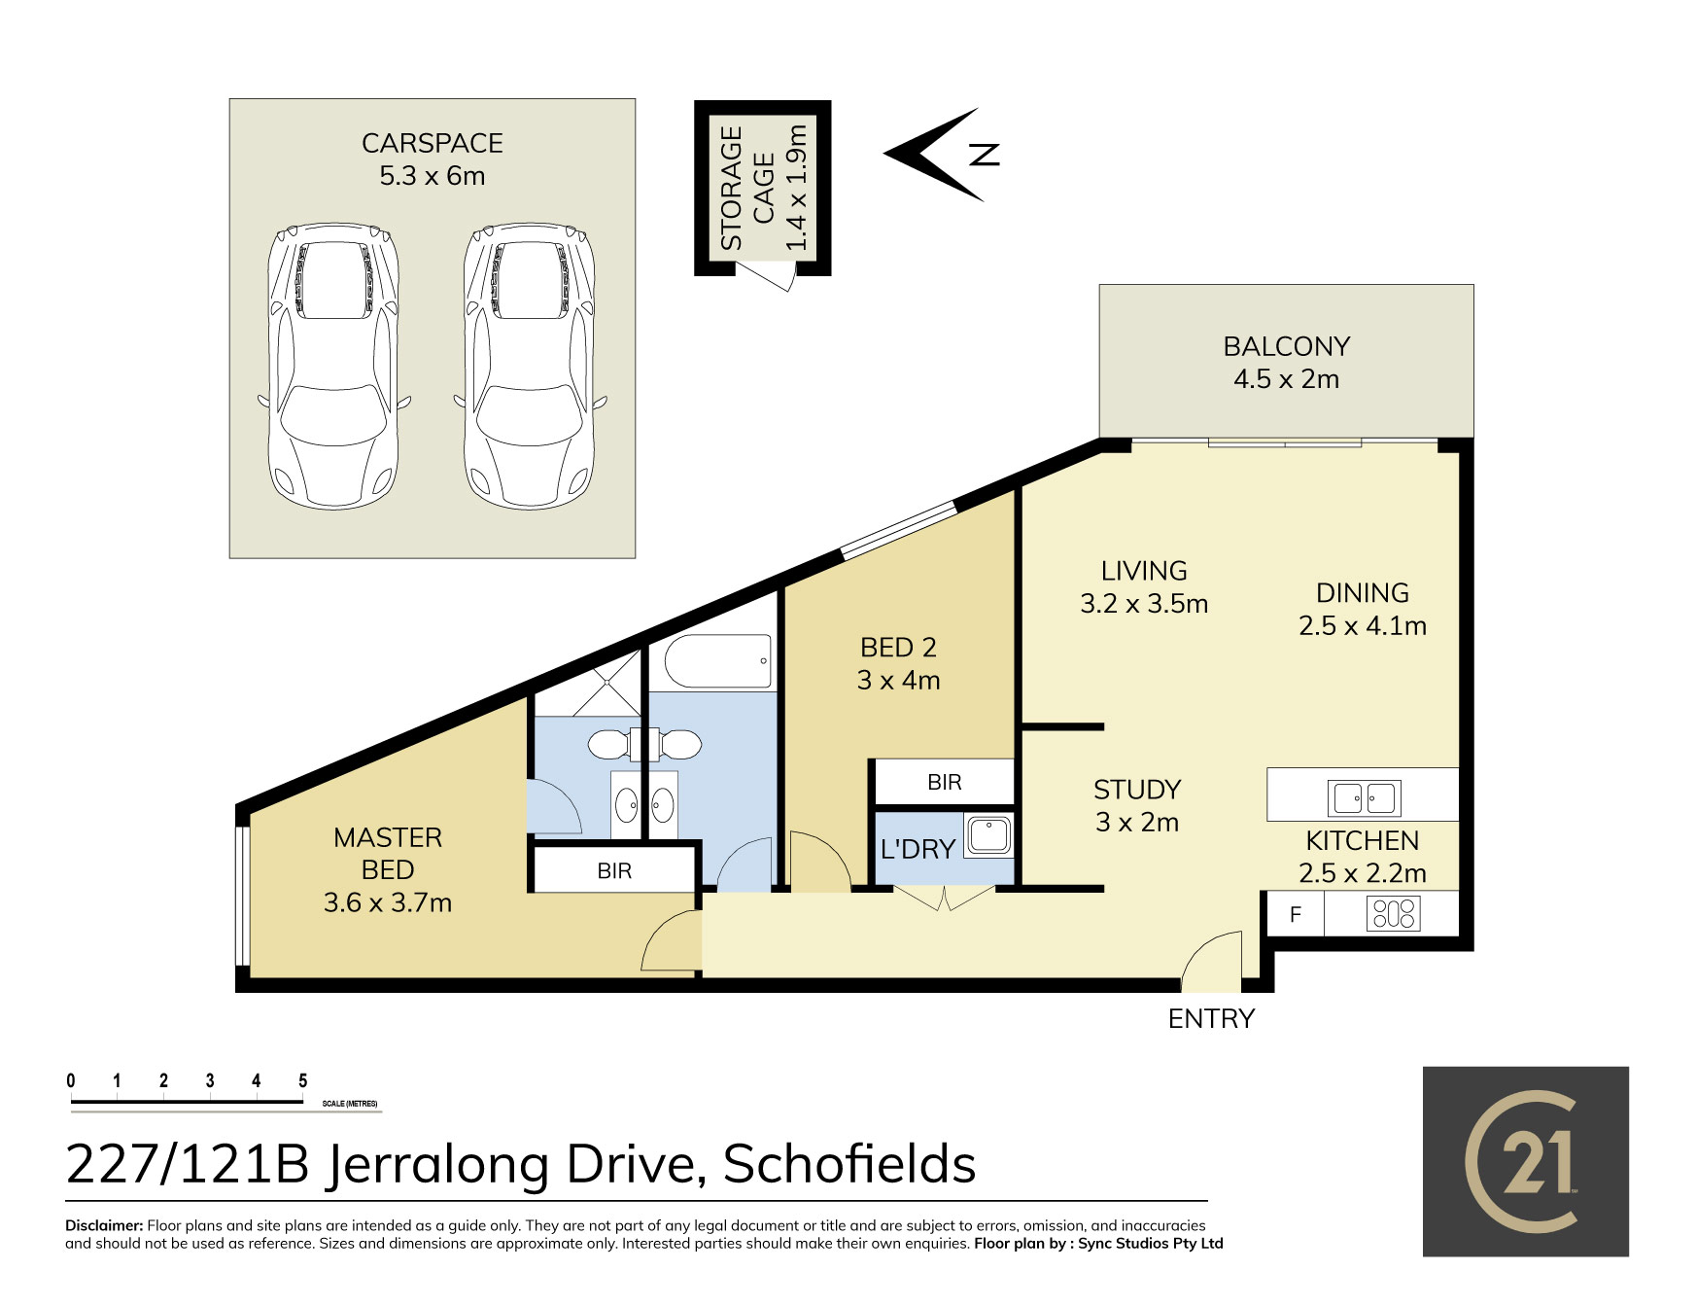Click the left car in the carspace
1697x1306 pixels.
pyautogui.click(x=332, y=367)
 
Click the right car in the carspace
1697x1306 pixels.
pyautogui.click(x=529, y=367)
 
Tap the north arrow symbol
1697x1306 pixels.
pyautogui.click(x=942, y=155)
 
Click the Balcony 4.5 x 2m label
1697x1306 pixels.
pyautogui.click(x=1286, y=363)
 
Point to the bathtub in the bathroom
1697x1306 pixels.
pyautogui.click(x=718, y=661)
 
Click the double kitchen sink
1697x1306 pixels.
pyautogui.click(x=1364, y=798)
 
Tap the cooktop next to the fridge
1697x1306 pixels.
pyautogui.click(x=1393, y=914)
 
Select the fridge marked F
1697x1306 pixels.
pyautogui.click(x=1295, y=914)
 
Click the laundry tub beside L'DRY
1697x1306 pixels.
pyautogui.click(x=988, y=835)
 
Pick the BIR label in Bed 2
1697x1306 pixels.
pyautogui.click(x=944, y=782)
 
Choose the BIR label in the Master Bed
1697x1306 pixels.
pyautogui.click(x=614, y=871)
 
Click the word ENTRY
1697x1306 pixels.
pyautogui.click(x=1211, y=1018)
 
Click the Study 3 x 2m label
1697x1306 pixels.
pyautogui.click(x=1137, y=806)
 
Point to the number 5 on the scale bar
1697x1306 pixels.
pyautogui.click(x=303, y=1080)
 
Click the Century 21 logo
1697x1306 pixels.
pyautogui.click(x=1526, y=1162)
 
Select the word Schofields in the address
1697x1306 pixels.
pyautogui.click(x=849, y=1164)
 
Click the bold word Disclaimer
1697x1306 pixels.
pyautogui.click(x=104, y=1225)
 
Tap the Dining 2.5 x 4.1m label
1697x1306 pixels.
pyautogui.click(x=1363, y=610)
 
